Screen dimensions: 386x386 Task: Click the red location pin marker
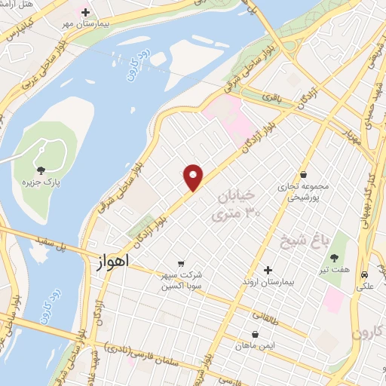pyautogui.click(x=194, y=177)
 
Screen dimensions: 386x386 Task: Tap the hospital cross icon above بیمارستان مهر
pyautogui.click(x=85, y=13)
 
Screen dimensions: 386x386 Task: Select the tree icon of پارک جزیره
pyautogui.click(x=41, y=170)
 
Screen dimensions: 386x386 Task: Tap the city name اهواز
pyautogui.click(x=114, y=261)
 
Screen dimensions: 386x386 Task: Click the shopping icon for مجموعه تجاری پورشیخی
pyautogui.click(x=303, y=174)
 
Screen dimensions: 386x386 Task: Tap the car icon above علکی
pyautogui.click(x=365, y=275)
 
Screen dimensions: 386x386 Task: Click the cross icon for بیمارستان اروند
pyautogui.click(x=268, y=270)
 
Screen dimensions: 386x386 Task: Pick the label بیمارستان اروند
pyautogui.click(x=268, y=282)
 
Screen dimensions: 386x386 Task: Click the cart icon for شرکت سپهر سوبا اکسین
pyautogui.click(x=180, y=263)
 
